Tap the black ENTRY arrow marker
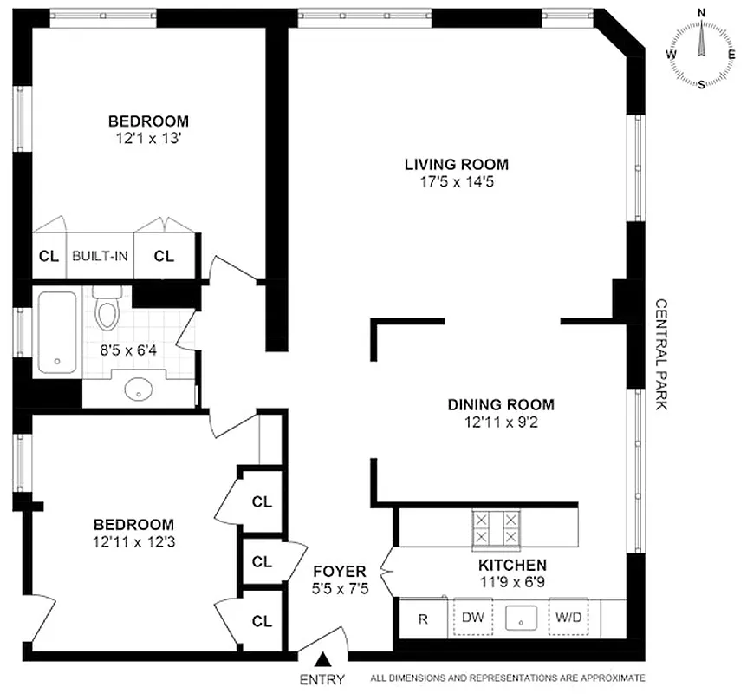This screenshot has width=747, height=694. [x=322, y=662]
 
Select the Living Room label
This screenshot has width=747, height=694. [x=456, y=164]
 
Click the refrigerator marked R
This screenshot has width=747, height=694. [x=423, y=619]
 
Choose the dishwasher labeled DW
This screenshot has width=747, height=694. [x=471, y=619]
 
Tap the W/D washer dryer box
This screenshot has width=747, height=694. [x=568, y=619]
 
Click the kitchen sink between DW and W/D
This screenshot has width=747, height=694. [x=520, y=619]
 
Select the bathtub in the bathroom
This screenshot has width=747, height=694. [x=57, y=333]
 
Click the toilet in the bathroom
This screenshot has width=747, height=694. [x=107, y=311]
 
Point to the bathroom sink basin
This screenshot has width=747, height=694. [x=138, y=390]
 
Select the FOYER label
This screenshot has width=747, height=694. [x=340, y=572]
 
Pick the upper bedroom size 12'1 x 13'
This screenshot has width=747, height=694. [x=148, y=137]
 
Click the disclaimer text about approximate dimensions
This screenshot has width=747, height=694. [x=508, y=678]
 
